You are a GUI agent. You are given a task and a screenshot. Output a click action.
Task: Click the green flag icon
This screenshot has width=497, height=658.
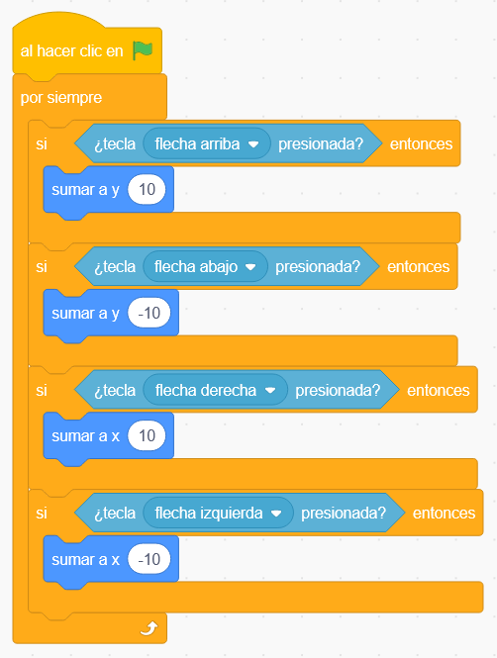(x=143, y=50)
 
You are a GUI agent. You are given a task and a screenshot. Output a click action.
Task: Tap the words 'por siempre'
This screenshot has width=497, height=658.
(x=61, y=98)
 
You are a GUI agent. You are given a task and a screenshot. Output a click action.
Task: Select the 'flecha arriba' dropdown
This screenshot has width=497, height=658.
(x=207, y=143)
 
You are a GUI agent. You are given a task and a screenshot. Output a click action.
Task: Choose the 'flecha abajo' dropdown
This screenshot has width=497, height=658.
(x=205, y=267)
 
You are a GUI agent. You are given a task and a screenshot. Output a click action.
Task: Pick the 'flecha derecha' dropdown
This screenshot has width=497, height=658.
(x=216, y=390)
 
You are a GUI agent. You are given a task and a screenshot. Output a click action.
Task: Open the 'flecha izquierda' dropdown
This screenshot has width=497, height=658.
(x=218, y=514)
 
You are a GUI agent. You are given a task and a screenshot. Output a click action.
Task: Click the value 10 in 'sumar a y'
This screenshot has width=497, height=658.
(x=147, y=190)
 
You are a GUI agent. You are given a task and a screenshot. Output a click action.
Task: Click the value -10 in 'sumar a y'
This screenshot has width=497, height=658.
(x=149, y=313)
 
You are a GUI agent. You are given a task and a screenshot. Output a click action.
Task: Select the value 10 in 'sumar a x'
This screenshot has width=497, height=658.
(x=147, y=436)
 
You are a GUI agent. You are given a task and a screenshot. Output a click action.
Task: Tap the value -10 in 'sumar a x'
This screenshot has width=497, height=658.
(x=149, y=559)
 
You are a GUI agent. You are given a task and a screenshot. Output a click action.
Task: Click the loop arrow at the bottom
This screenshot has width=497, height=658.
(x=149, y=628)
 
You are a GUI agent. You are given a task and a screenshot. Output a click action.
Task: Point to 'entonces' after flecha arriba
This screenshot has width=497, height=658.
(x=421, y=143)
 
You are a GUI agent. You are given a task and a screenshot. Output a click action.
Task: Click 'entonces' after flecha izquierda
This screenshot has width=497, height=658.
(x=444, y=514)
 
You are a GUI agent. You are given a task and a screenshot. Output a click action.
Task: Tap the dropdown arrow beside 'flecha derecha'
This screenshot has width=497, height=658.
(x=270, y=391)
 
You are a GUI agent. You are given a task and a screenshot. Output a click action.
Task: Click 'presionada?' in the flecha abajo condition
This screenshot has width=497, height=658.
(x=318, y=267)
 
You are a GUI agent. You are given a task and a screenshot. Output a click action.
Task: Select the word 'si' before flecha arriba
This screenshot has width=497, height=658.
(x=42, y=143)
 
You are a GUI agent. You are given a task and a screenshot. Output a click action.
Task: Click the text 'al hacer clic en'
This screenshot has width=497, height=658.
(x=72, y=51)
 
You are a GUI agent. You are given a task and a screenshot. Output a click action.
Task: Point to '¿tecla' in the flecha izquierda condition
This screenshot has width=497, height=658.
(x=115, y=514)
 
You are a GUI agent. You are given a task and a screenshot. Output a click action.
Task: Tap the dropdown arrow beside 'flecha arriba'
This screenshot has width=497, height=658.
(x=253, y=144)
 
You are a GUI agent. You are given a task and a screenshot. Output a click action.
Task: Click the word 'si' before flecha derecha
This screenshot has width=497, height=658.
(x=42, y=390)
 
